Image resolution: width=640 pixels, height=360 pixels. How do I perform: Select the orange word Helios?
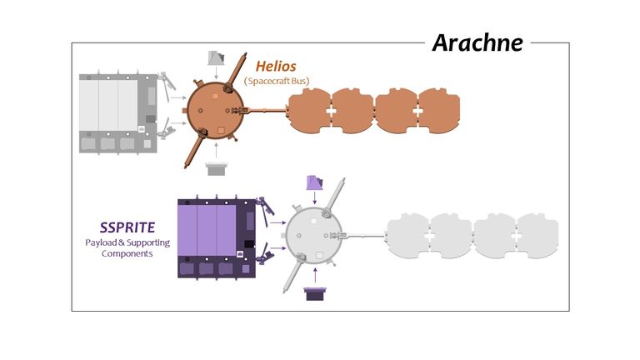pyautogui.click(x=276, y=65)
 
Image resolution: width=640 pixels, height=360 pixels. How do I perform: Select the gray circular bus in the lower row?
pyautogui.click(x=314, y=235)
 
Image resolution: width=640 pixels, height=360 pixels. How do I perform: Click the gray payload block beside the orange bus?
pyautogui.click(x=113, y=112)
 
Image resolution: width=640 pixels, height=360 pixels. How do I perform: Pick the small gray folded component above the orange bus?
pyautogui.click(x=216, y=60)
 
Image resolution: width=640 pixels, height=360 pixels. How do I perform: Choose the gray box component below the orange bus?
pyautogui.click(x=216, y=170)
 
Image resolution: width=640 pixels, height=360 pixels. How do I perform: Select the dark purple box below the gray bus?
pyautogui.click(x=314, y=292)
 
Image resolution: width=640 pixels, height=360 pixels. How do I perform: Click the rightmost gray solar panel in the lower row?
pyautogui.click(x=537, y=236)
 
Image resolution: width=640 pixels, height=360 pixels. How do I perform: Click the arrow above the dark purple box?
pyautogui.click(x=314, y=274)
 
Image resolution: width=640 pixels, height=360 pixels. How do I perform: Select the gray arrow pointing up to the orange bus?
pyautogui.click(x=216, y=151)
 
